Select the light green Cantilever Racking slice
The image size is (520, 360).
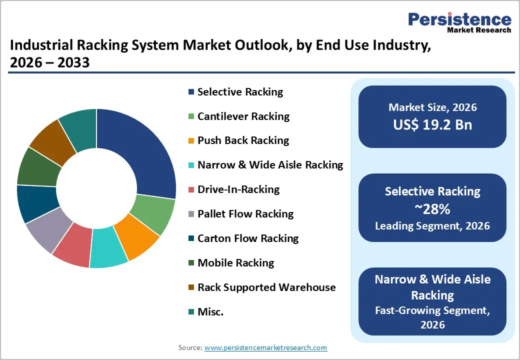click(156, 215)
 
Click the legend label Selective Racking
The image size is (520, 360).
click(240, 92)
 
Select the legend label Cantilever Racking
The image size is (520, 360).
click(243, 116)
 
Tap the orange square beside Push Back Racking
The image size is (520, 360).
click(191, 141)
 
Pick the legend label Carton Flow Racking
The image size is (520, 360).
click(248, 238)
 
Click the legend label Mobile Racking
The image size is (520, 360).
click(235, 263)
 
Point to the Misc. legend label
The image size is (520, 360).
click(210, 312)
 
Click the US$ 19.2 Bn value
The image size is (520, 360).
click(432, 124)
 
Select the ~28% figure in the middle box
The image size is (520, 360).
click(432, 208)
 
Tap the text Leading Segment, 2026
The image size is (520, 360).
click(432, 226)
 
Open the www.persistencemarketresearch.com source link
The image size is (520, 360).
click(265, 347)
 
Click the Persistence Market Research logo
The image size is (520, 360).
click(459, 22)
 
